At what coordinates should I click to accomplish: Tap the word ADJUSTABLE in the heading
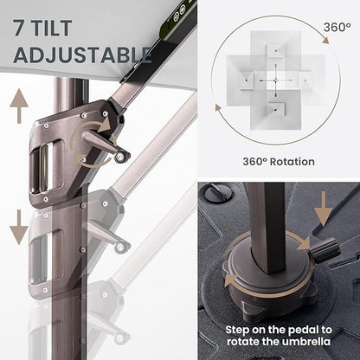click(x=82, y=55)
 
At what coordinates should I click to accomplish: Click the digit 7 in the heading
click(x=19, y=28)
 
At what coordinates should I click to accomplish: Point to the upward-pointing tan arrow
click(x=19, y=106)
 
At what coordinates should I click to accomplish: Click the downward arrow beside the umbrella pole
click(x=19, y=228)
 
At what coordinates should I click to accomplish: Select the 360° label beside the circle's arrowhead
click(x=337, y=28)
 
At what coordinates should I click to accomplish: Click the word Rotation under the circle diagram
click(x=292, y=162)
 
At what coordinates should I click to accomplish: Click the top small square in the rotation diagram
click(x=275, y=52)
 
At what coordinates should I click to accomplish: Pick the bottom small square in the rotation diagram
click(x=275, y=109)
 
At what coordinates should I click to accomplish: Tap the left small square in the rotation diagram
click(x=247, y=80)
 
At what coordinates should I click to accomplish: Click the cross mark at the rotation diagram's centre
click(x=275, y=80)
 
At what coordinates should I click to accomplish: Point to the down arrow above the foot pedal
click(x=323, y=209)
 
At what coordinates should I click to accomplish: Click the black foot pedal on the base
click(x=325, y=249)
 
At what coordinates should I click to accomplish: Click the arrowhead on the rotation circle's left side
click(x=218, y=108)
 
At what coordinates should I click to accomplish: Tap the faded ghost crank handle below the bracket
click(x=107, y=236)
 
